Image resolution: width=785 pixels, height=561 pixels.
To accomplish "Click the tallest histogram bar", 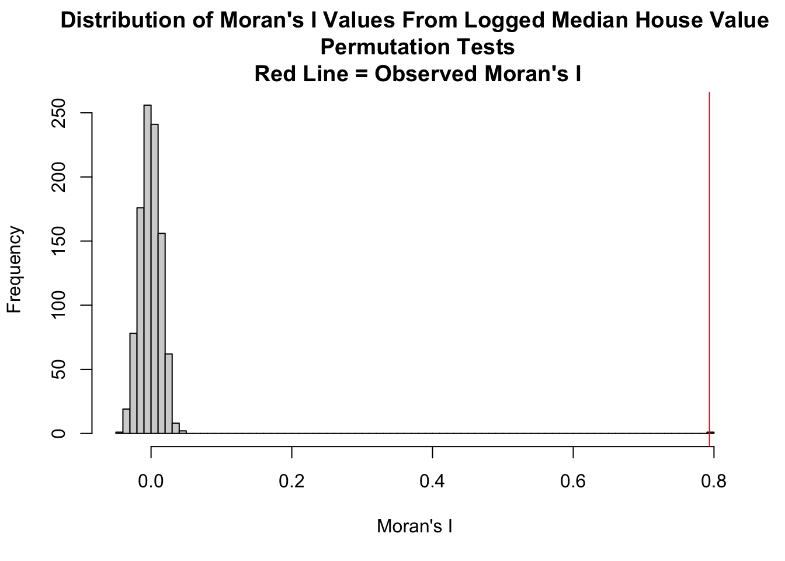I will click(147, 269).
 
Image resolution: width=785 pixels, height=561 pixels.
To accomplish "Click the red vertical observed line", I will click(709, 263).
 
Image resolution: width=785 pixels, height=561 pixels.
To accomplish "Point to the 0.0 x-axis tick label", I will click(151, 481).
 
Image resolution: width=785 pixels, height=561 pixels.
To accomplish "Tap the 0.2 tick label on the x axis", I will click(291, 481).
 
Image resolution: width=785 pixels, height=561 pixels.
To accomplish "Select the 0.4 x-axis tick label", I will click(432, 481).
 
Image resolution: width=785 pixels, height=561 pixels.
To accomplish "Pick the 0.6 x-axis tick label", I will click(573, 481).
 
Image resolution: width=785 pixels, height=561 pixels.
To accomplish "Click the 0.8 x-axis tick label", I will click(713, 481).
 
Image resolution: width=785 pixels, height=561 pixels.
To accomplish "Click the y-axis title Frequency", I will click(15, 270).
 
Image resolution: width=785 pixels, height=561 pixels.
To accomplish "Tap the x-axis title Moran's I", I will click(415, 526).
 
